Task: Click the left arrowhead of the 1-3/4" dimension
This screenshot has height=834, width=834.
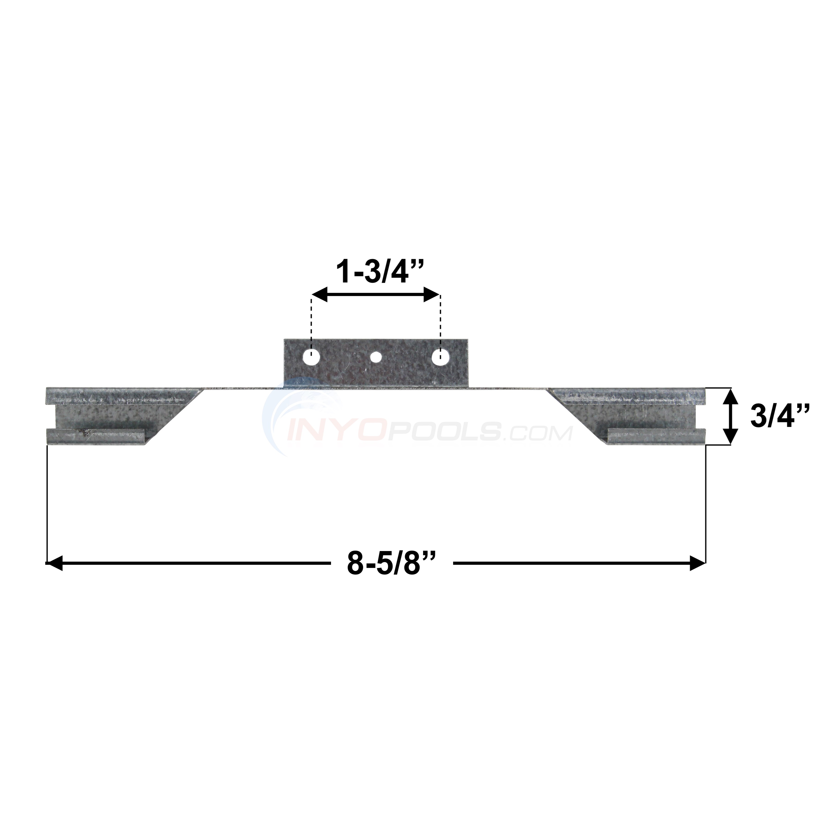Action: [x=320, y=295]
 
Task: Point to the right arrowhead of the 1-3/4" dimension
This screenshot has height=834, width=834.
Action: [x=432, y=295]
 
